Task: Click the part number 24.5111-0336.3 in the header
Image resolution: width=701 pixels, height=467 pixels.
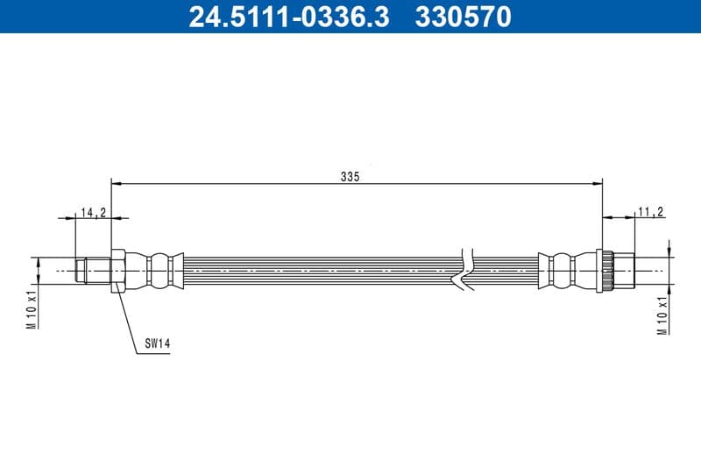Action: point(289,17)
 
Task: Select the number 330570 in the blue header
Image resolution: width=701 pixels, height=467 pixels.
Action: point(464,17)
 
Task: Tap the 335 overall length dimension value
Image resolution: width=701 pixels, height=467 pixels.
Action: point(350,176)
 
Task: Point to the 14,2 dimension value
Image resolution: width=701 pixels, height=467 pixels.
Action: point(93,211)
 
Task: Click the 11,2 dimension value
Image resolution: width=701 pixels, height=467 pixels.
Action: point(650,211)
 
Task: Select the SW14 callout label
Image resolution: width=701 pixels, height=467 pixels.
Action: point(157,344)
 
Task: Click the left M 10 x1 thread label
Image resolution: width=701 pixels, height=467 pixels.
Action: point(32,307)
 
